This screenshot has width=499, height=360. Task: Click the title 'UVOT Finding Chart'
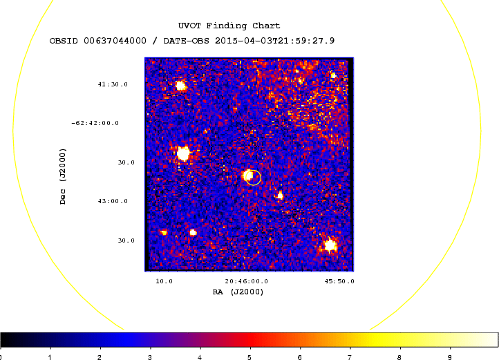coord(229,26)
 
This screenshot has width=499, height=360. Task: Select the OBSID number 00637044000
coord(115,41)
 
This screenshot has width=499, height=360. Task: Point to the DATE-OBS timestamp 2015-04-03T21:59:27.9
coord(274,41)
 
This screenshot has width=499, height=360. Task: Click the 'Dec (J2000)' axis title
coord(63,176)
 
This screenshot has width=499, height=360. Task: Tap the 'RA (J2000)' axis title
coord(238,292)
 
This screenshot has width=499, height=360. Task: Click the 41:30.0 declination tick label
coord(113,84)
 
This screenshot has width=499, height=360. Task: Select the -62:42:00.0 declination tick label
coord(95,123)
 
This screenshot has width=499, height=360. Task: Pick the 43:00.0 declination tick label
coord(113,201)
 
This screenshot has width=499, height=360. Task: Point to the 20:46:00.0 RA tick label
coord(246,281)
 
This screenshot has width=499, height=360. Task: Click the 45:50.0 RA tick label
coord(339,281)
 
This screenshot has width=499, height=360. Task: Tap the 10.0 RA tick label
coord(164,281)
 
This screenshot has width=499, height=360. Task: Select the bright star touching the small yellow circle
coord(247,176)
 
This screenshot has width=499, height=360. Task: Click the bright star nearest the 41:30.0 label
coord(181,86)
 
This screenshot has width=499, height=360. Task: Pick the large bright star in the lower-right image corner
coord(330,245)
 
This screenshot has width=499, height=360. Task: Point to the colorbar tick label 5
coord(249,357)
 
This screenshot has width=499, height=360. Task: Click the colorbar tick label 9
coord(450,357)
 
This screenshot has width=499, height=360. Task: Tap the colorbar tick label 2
coord(100,357)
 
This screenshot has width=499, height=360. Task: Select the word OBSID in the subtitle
coord(64,41)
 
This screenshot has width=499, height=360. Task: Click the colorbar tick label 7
coord(350,357)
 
